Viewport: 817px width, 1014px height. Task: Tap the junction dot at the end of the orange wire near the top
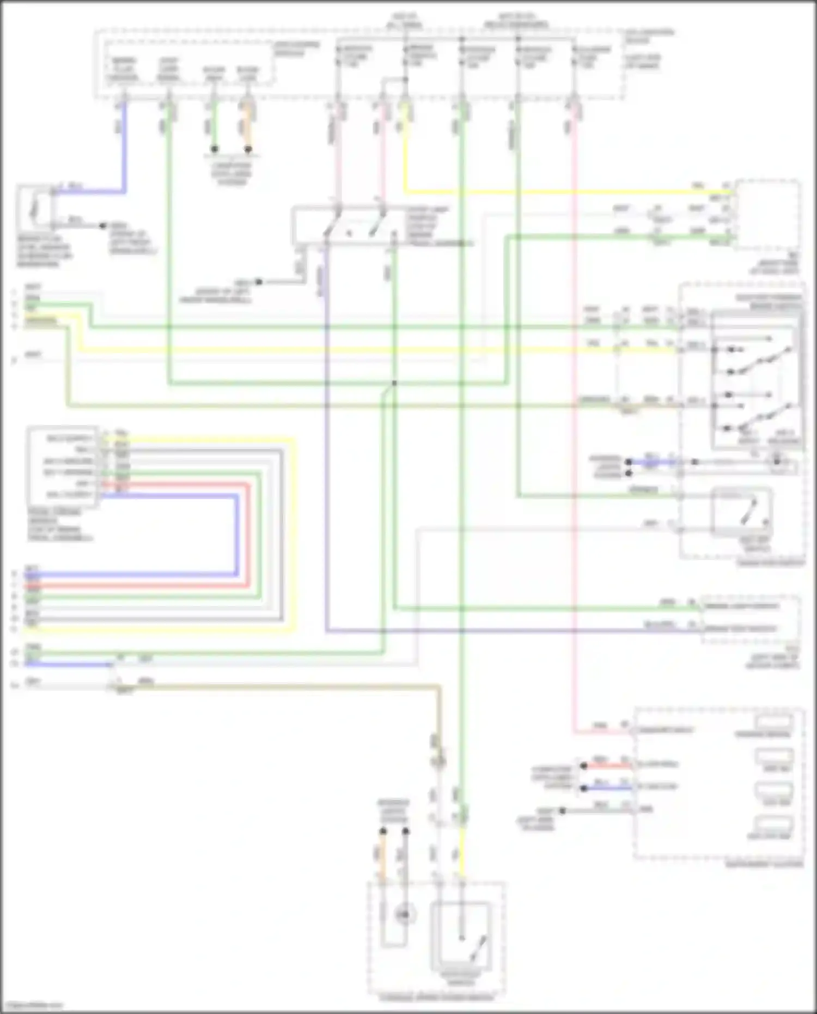click(248, 149)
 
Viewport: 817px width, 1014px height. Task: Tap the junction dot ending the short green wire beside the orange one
click(215, 149)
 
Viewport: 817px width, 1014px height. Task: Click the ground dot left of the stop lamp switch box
click(259, 282)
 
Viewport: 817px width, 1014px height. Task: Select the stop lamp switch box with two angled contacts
click(349, 226)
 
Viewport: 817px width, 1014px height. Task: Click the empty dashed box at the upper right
click(768, 215)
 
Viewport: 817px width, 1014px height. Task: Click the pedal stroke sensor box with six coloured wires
click(63, 467)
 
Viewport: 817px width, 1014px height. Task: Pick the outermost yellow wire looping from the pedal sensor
click(294, 534)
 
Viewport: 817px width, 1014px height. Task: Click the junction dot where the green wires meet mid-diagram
click(394, 383)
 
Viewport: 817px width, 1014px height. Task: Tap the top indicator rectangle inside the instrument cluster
click(774, 722)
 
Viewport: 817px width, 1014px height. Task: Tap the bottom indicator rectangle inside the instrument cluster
click(774, 826)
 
